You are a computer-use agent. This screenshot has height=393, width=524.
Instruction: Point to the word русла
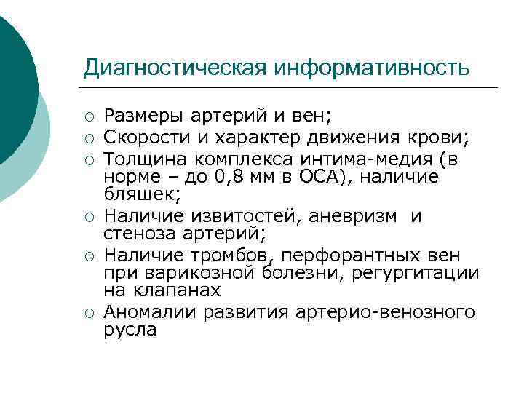coord(130,330)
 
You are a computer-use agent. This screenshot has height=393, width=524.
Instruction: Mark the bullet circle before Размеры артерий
coord(89,116)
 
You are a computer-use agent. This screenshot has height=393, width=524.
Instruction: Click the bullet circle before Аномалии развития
coord(89,313)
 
